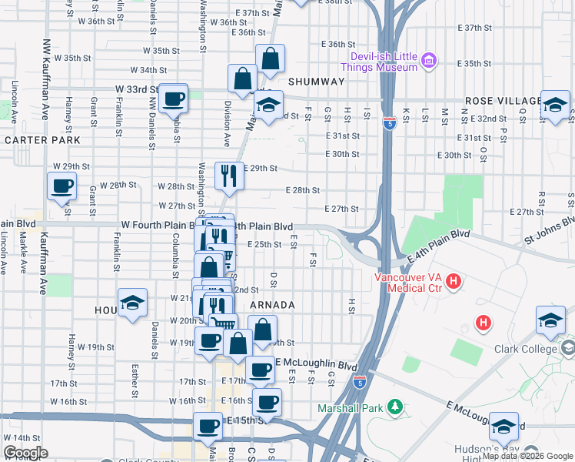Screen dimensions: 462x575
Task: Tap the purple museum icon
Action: (430, 60)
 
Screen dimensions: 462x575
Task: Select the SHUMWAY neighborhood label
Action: (316, 82)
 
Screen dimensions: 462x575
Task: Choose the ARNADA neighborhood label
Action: (272, 305)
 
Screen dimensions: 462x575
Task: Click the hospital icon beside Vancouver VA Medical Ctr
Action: (454, 282)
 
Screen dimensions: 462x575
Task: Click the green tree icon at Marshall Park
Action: (394, 406)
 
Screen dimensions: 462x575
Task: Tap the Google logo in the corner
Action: (25, 452)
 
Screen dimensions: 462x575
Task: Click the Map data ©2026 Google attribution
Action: (527, 457)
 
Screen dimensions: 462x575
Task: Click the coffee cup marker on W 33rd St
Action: (174, 99)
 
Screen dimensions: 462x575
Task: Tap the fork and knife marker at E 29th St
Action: (228, 176)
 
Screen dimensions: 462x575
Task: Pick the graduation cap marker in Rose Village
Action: (553, 105)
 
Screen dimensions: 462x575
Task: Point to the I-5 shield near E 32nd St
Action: (390, 123)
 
